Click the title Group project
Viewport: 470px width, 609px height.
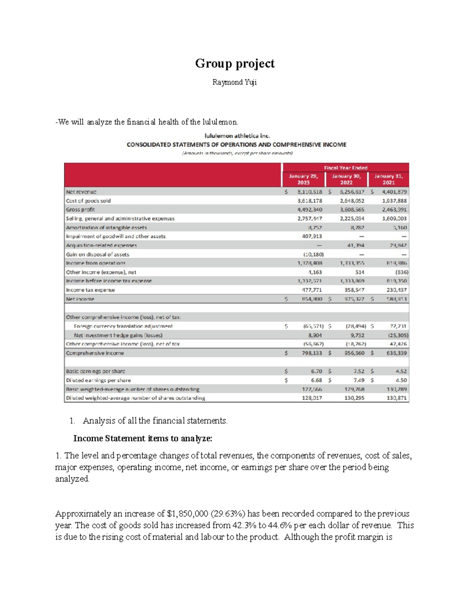(x=235, y=64)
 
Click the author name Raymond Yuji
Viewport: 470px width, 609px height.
(x=235, y=82)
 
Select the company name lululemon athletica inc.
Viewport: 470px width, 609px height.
(x=237, y=136)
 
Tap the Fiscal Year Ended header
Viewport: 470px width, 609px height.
(x=345, y=167)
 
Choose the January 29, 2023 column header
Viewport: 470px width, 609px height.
(x=303, y=179)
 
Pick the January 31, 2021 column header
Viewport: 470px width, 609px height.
(x=389, y=179)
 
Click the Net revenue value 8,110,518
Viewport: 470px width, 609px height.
(x=309, y=192)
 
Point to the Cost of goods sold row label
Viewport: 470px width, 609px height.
(x=88, y=201)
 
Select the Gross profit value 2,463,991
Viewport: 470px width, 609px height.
(x=394, y=210)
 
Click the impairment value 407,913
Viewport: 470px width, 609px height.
(x=310, y=236)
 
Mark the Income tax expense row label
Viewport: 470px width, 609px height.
(x=90, y=290)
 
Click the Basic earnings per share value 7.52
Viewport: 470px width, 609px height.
(x=359, y=371)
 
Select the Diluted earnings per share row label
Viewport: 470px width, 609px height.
(x=98, y=380)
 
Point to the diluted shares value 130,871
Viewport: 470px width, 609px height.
(x=397, y=398)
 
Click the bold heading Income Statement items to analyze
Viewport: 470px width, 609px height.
(x=143, y=438)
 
